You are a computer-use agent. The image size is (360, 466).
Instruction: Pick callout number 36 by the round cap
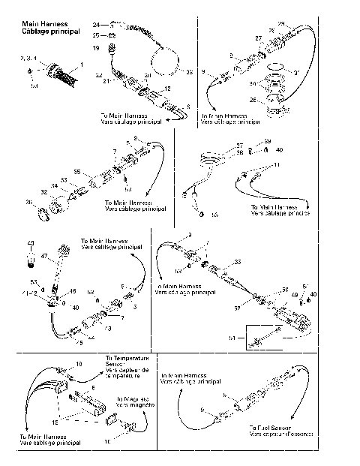pyautogui.click(x=30, y=203)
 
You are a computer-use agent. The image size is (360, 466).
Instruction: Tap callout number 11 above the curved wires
pyautogui.click(x=276, y=164)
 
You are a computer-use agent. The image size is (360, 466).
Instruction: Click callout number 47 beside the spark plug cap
pyautogui.click(x=44, y=257)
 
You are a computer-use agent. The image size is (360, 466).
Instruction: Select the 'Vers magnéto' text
pyautogui.click(x=133, y=404)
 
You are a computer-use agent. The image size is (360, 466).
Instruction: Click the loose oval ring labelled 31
pyautogui.click(x=277, y=72)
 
